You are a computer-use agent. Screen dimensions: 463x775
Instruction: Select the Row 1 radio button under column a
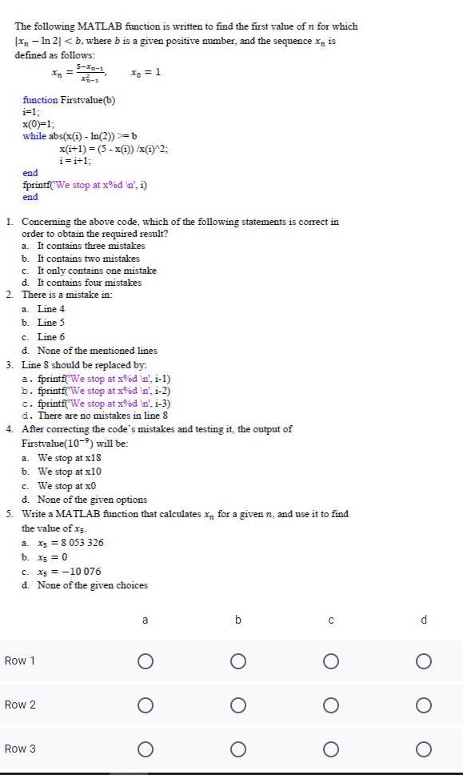[x=145, y=661]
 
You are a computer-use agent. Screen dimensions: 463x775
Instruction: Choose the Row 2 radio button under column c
[x=330, y=705]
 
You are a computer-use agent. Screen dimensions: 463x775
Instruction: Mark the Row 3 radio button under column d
[x=424, y=749]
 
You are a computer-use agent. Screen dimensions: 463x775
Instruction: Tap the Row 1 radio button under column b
[x=237, y=661]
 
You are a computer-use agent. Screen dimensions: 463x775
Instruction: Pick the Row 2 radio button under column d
[x=424, y=705]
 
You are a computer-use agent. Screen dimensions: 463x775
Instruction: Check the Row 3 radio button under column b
[x=237, y=749]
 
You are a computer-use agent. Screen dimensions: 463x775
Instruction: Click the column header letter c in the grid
[x=330, y=620]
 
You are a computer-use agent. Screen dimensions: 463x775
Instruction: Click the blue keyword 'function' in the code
[x=40, y=100]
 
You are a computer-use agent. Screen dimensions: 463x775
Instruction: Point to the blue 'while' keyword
[x=34, y=136]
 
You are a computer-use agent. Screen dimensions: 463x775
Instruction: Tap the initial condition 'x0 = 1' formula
[x=146, y=72]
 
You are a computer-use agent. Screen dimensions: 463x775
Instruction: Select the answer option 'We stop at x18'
[x=70, y=458]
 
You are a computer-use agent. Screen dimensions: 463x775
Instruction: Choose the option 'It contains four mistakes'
[x=89, y=283]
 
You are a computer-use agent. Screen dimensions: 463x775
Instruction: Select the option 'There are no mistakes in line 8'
[x=102, y=416]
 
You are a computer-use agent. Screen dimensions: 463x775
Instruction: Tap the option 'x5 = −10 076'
[x=69, y=572]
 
